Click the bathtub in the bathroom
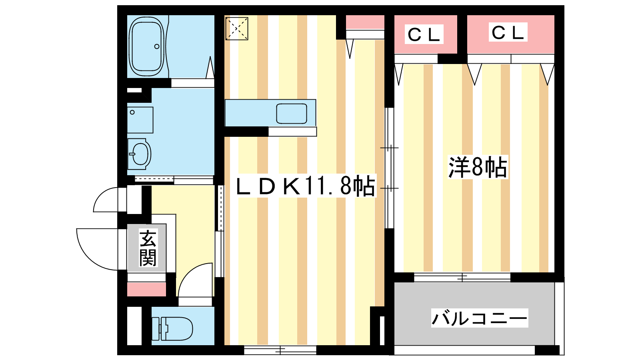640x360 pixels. tap(147, 47)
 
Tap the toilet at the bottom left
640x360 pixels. tap(176, 329)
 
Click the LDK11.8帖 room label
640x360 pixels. tap(306, 186)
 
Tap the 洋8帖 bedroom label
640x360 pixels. tap(478, 167)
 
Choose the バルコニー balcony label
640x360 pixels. tap(480, 318)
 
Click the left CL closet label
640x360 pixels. tap(424, 34)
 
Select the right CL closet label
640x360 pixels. tap(508, 32)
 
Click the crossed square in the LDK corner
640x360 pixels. tap(237, 28)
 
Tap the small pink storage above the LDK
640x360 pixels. tap(365, 22)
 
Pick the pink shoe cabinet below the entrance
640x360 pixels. tap(146, 289)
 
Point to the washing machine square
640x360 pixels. tap(140, 120)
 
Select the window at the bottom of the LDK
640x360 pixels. tap(280, 350)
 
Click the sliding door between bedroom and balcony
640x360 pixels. tap(462, 277)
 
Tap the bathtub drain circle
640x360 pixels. tap(157, 46)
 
